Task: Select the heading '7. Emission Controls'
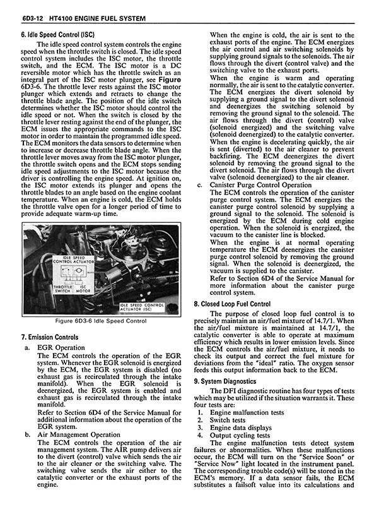pyautogui.click(x=50, y=337)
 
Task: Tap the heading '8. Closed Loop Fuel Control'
pyautogui.click(x=232, y=304)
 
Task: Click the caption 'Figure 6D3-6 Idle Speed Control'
pyautogui.click(x=100, y=321)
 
